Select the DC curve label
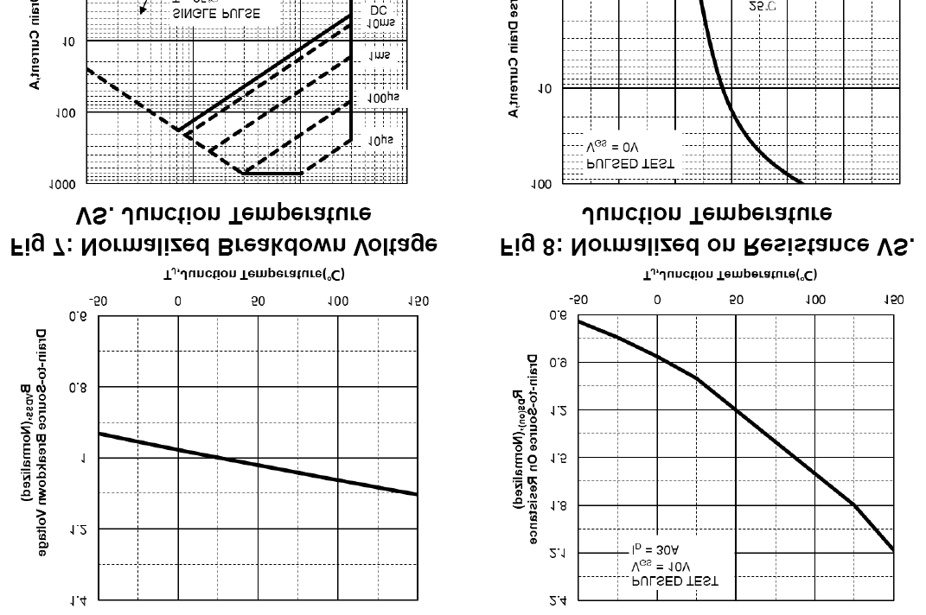coord(379,10)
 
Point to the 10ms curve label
coord(380,23)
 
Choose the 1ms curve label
coord(380,55)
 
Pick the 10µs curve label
coord(380,139)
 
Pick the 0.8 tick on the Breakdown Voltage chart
coord(78,387)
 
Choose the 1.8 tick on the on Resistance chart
coord(558,505)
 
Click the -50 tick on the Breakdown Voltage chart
coord(98,302)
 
